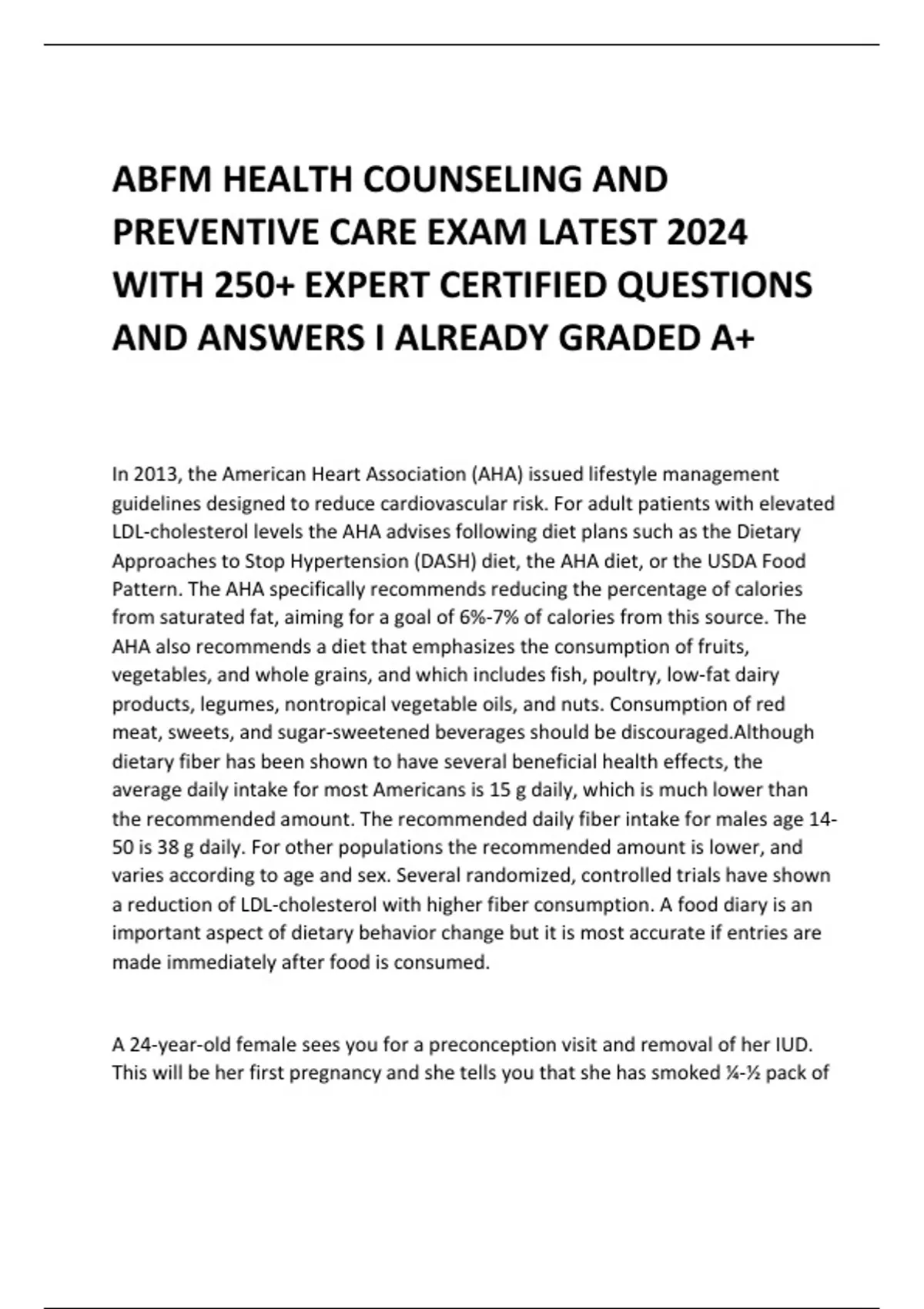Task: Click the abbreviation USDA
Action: tap(732, 561)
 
